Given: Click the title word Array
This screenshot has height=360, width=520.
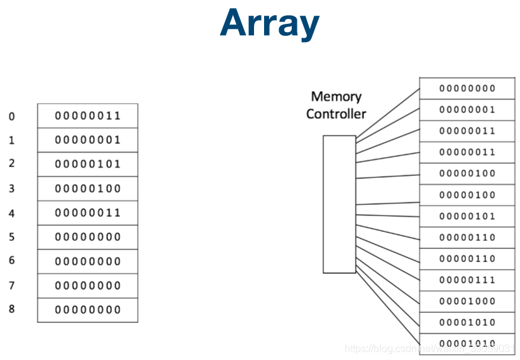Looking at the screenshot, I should pos(270,24).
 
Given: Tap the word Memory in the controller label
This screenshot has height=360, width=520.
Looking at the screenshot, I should pos(336,97).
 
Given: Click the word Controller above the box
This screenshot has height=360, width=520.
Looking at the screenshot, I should pos(336,114).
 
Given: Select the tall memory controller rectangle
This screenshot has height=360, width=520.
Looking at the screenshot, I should pos(340,204).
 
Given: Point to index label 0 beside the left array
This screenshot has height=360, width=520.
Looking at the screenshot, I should pos(11,116).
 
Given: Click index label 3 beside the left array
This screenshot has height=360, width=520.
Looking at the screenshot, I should pos(11,188).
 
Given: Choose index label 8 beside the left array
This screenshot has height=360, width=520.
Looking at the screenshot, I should pos(11,309).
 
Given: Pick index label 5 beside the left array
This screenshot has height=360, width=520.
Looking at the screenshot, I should pos(11,237).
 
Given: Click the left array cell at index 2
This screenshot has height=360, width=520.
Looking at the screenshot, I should pos(87,164).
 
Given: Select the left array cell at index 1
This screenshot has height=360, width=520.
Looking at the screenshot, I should pos(87,140).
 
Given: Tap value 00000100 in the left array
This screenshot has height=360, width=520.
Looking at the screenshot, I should pos(87,188).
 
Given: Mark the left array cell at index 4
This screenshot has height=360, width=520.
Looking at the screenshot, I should pos(87,213).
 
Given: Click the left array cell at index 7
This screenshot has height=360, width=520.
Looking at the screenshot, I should pos(87,286).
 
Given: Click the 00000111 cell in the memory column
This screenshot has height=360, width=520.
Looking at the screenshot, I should pos(467,280).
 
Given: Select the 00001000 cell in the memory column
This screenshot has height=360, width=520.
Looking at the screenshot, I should pos(467,302).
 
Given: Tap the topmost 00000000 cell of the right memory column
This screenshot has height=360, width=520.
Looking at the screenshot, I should pos(467,89).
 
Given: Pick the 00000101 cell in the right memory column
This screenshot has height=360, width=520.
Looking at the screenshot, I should pos(467,216).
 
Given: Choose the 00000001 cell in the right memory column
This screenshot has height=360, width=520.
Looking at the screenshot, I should pos(467,110).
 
